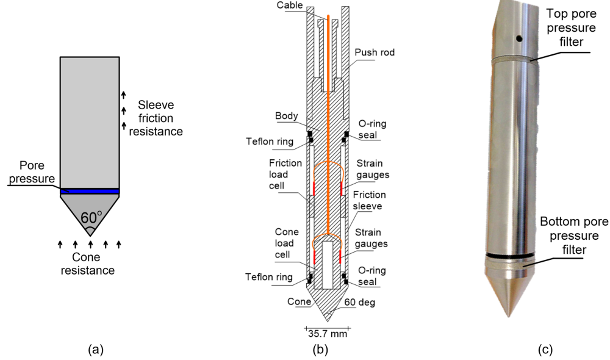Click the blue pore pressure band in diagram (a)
(x=90, y=192)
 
